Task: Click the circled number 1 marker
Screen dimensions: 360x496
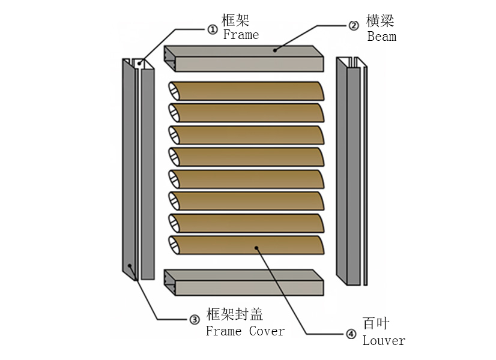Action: [x=212, y=29]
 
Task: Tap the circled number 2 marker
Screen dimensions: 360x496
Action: [x=354, y=25]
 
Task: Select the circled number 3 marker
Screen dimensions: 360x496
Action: [x=195, y=320]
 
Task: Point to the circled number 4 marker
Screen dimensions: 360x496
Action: [x=351, y=334]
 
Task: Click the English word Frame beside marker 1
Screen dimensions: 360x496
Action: [x=241, y=35]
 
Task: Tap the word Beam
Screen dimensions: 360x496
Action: [x=382, y=37]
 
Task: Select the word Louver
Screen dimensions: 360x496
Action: [x=384, y=341]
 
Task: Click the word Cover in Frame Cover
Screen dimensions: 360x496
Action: [x=267, y=331]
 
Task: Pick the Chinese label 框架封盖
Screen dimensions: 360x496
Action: [x=235, y=314]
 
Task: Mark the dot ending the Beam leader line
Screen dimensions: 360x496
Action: [x=275, y=50]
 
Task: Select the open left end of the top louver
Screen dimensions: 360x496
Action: [x=174, y=91]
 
